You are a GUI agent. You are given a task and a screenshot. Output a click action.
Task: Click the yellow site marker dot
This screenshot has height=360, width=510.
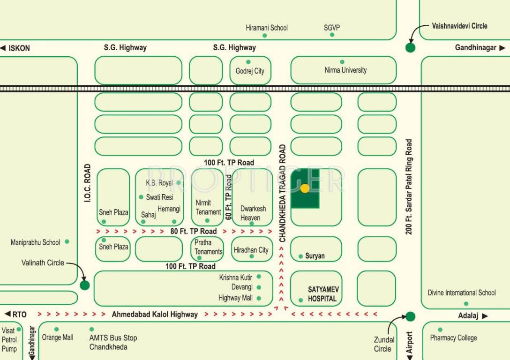point(305,188)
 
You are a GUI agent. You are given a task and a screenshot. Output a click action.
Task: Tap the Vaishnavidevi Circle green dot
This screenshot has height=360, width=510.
point(410,47)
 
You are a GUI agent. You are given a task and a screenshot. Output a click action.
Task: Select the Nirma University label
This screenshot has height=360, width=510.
point(345,70)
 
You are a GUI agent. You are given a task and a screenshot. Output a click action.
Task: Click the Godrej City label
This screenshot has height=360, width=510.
point(250,71)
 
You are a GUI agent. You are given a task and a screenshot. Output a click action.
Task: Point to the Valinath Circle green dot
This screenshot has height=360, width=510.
point(85,285)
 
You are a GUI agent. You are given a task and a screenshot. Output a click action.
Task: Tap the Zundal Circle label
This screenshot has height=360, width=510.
point(383,344)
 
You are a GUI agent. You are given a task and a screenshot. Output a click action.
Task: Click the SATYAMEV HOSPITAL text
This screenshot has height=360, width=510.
point(322,294)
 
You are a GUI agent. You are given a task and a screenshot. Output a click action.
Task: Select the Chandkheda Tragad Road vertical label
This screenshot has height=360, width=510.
point(282,193)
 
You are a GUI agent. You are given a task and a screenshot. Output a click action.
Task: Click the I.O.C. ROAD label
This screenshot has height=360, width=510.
point(87,183)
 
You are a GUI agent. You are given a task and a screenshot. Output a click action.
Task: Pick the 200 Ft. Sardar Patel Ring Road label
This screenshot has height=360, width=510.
point(409,187)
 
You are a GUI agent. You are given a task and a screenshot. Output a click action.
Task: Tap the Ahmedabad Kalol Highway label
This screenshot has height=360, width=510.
point(154,315)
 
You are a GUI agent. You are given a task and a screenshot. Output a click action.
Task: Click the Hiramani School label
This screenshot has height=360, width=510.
point(267,28)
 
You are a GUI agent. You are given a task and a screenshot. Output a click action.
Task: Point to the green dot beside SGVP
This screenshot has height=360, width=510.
point(332,35)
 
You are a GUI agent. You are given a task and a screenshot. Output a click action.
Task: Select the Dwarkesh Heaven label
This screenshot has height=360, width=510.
point(253,213)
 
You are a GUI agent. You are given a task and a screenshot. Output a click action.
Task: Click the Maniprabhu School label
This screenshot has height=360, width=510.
point(35,242)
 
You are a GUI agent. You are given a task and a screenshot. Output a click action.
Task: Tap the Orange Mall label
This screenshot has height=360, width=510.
point(58,337)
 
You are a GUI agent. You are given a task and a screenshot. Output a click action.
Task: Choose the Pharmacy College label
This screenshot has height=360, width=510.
point(453,338)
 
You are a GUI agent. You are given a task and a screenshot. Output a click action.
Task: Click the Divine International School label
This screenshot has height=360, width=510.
point(461,293)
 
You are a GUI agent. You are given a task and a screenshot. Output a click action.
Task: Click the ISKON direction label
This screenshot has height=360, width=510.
point(19,48)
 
